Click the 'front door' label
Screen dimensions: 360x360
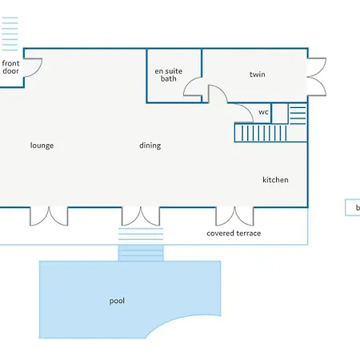10,67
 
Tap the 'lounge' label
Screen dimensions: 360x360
42,146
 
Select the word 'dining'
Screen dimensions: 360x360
150,146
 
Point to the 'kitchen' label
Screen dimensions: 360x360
275,179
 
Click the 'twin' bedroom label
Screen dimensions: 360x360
258,74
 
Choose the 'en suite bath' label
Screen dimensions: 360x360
169,74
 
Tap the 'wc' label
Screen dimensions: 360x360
263,112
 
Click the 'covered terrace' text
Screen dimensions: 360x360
234,234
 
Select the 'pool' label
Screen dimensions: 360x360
117,301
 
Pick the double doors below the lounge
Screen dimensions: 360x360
49,217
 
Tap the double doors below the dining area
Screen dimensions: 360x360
141,217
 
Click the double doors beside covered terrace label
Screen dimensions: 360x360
234,217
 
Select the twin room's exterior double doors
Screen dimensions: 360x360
317,77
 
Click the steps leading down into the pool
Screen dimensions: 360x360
141,254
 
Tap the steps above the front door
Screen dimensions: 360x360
10,34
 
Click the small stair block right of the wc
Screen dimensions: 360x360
298,114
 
